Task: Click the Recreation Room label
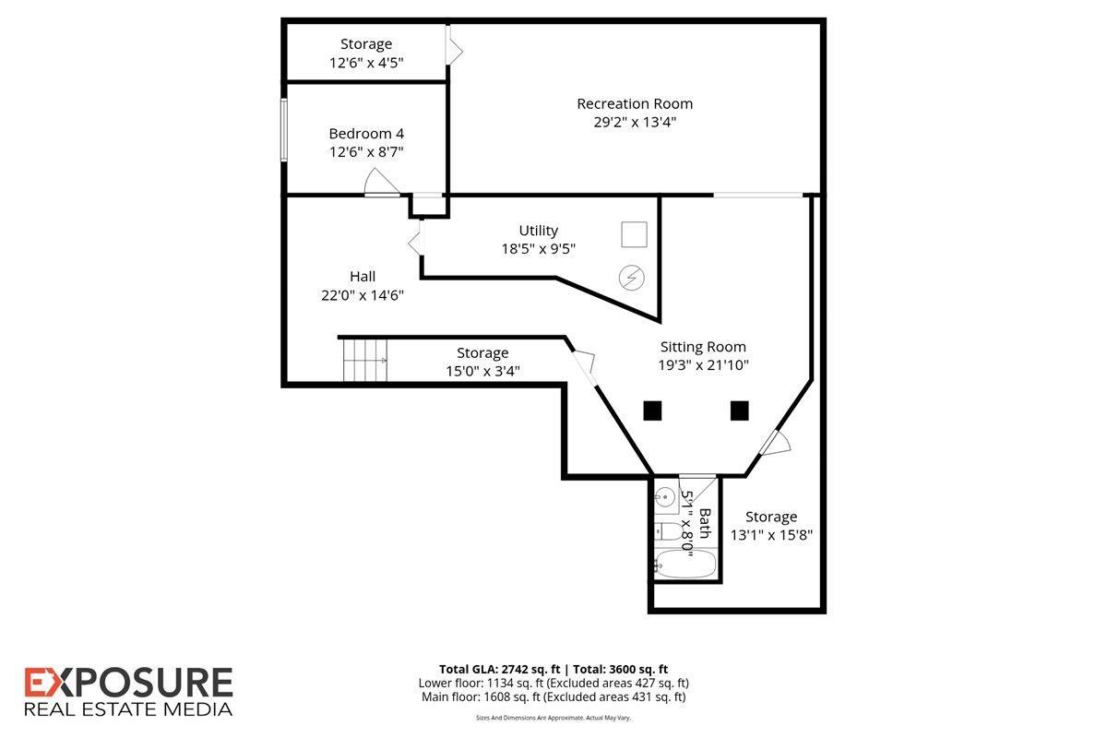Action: pyautogui.click(x=635, y=104)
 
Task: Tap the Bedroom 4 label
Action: pyautogui.click(x=366, y=134)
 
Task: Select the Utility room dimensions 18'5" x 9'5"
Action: pyautogui.click(x=538, y=249)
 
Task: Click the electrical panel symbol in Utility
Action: pyautogui.click(x=632, y=278)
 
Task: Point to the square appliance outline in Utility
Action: pyautogui.click(x=634, y=234)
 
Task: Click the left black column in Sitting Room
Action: pyautogui.click(x=652, y=411)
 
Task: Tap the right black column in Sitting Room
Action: pyautogui.click(x=739, y=411)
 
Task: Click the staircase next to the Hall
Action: pyautogui.click(x=365, y=361)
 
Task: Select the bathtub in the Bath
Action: pyautogui.click(x=684, y=564)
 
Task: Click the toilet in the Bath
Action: pyautogui.click(x=668, y=531)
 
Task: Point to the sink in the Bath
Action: pyautogui.click(x=665, y=495)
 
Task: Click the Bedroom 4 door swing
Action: pyautogui.click(x=381, y=182)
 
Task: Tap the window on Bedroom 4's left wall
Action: pyautogui.click(x=284, y=129)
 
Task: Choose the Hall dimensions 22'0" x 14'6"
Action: pyautogui.click(x=363, y=295)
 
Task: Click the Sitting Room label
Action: pyautogui.click(x=703, y=347)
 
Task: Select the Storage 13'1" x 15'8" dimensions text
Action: pyautogui.click(x=771, y=535)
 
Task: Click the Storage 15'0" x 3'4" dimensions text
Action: pyautogui.click(x=482, y=371)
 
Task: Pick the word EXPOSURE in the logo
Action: pyautogui.click(x=128, y=683)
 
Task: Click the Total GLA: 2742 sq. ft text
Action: pyautogui.click(x=500, y=670)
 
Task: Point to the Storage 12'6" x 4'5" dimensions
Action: pyautogui.click(x=366, y=63)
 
